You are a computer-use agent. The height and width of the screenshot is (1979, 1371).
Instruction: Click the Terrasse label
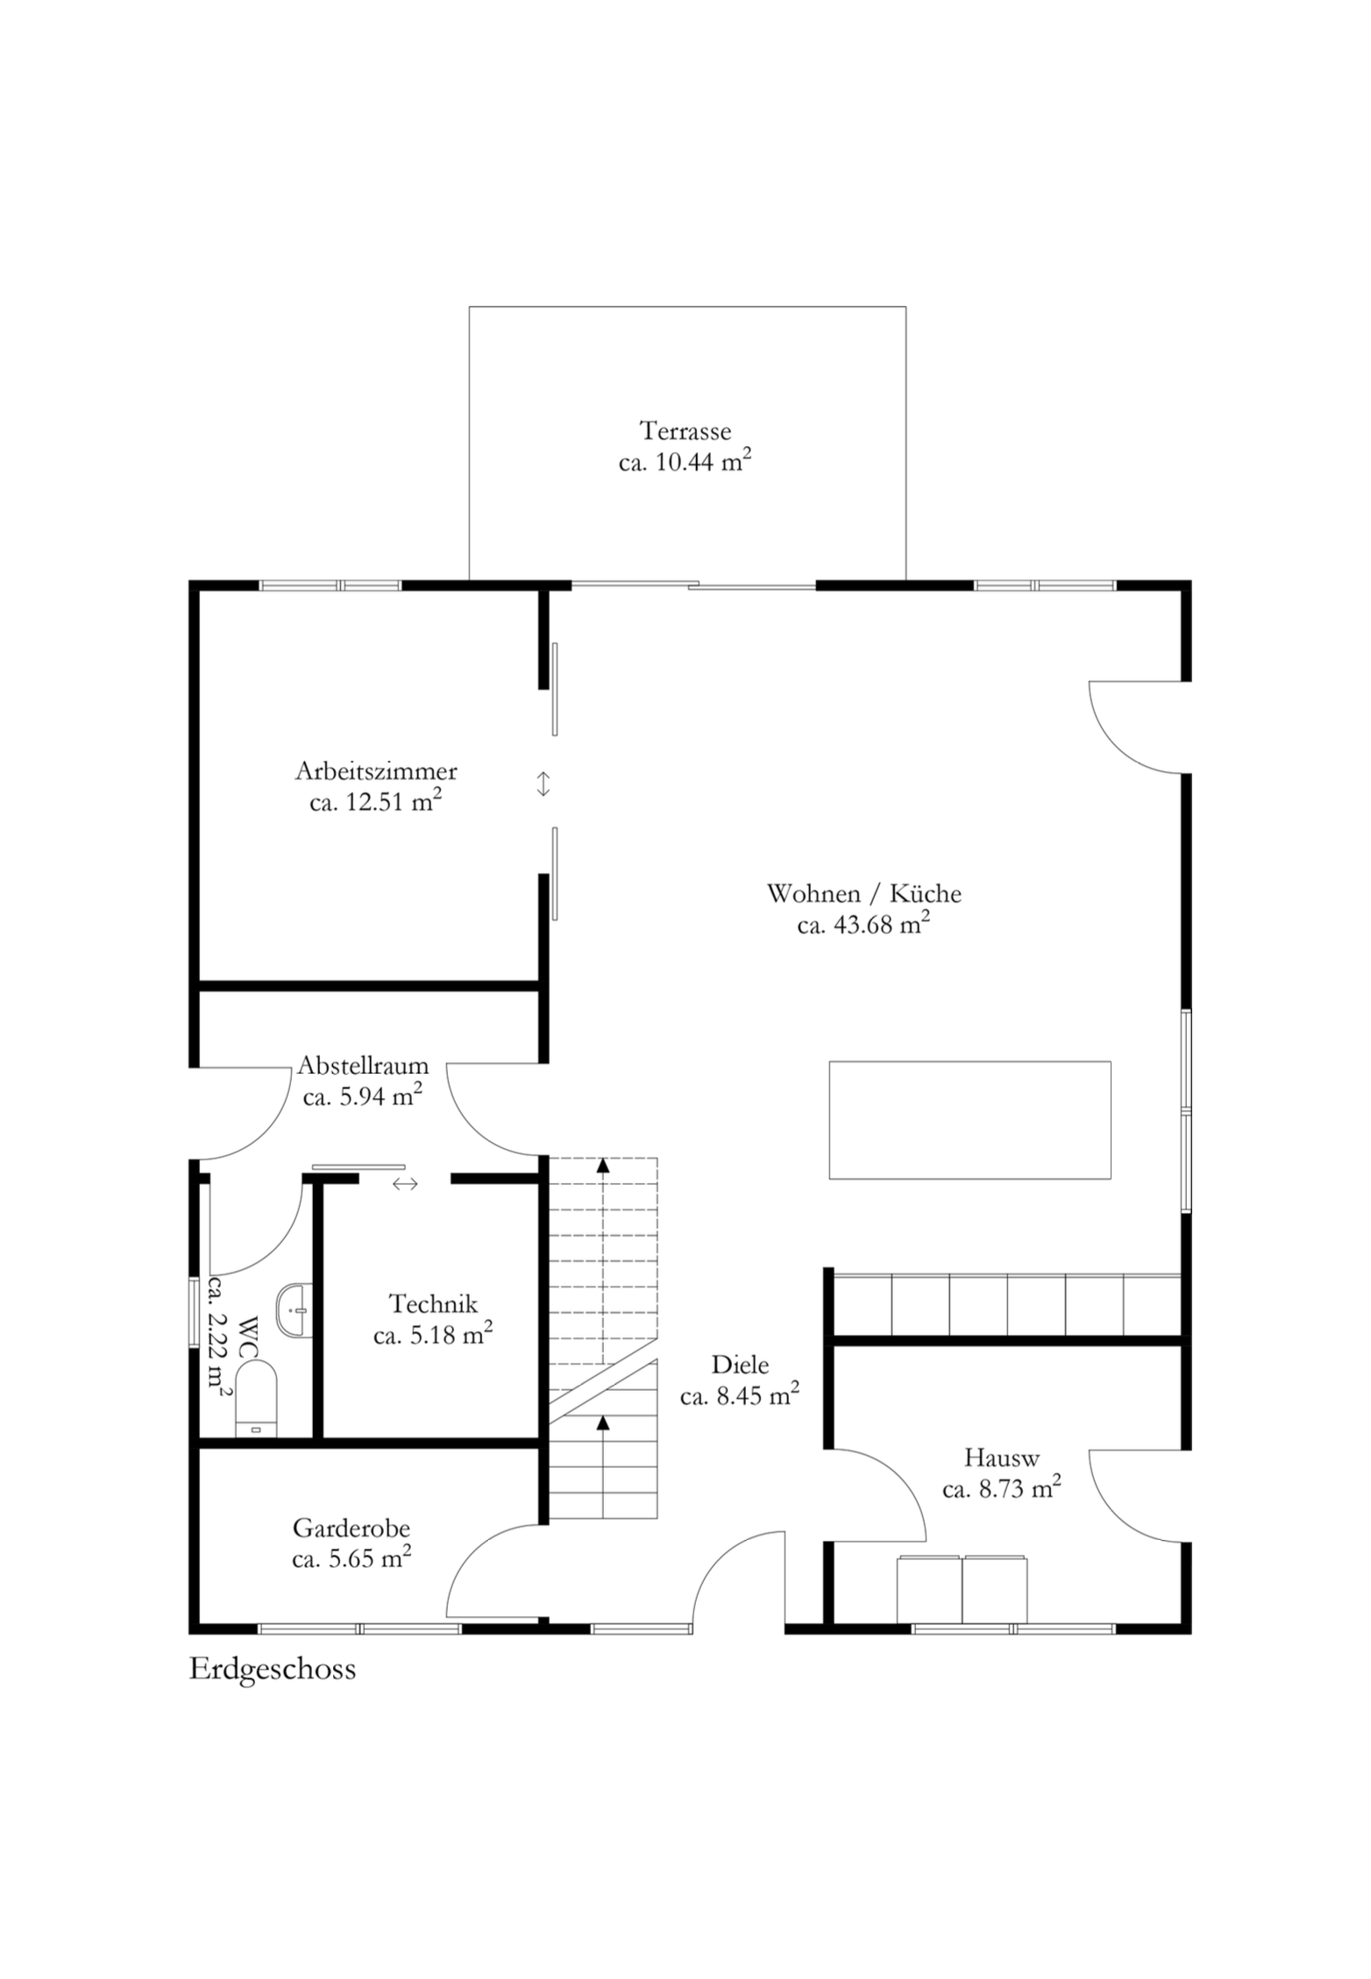coord(685,431)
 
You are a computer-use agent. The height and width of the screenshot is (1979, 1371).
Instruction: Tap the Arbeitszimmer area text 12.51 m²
coord(375,801)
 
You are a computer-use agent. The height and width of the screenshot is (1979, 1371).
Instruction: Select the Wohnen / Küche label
coord(863,893)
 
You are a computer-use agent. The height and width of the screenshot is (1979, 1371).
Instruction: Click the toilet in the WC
coord(256,1400)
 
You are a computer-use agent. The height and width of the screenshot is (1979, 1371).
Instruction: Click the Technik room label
coord(433,1304)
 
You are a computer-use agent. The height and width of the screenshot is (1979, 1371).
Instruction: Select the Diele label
coord(740,1365)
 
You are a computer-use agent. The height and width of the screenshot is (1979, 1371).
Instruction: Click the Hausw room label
coord(1001,1458)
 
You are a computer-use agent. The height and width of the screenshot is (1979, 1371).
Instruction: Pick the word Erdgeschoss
coord(273,1669)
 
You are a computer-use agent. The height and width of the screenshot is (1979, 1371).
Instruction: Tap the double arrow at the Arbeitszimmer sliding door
coord(543,784)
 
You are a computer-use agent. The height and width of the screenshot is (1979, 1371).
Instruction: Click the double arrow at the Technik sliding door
coord(405,1184)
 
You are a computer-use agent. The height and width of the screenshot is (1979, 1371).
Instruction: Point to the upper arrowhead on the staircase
coord(602,1164)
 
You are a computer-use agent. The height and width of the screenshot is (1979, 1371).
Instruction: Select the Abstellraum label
coord(363,1065)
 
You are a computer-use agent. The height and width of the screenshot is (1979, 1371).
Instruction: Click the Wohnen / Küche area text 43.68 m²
coord(863,924)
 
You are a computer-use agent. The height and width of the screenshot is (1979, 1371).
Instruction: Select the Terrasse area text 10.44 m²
coord(685,462)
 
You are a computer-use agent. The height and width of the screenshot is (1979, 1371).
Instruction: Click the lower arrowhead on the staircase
coord(602,1422)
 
